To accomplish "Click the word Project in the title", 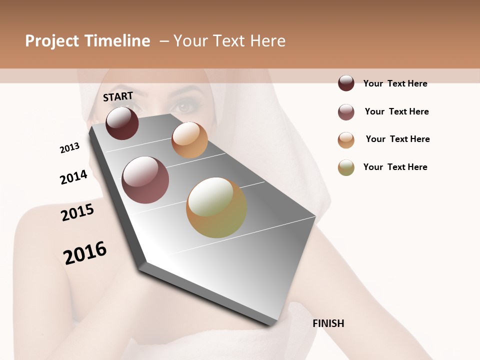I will (52, 41).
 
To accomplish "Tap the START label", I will (118, 96).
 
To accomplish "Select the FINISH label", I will (328, 323).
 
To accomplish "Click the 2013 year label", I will (69, 148).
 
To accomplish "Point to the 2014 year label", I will (73, 177).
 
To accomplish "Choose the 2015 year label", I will (77, 212).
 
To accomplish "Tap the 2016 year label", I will (85, 252).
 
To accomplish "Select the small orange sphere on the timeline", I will (189, 140).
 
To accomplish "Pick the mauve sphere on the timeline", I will (145, 180).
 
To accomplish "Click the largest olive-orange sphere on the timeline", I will (216, 207).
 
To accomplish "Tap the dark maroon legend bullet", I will (346, 83).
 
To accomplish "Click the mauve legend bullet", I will (346, 112).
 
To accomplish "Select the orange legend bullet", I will (346, 140).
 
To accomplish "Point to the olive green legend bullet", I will (346, 167).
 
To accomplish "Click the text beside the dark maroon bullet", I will (395, 83).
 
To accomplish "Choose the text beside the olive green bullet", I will (395, 167).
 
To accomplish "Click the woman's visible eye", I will (185, 106).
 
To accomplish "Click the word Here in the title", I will (267, 41).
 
